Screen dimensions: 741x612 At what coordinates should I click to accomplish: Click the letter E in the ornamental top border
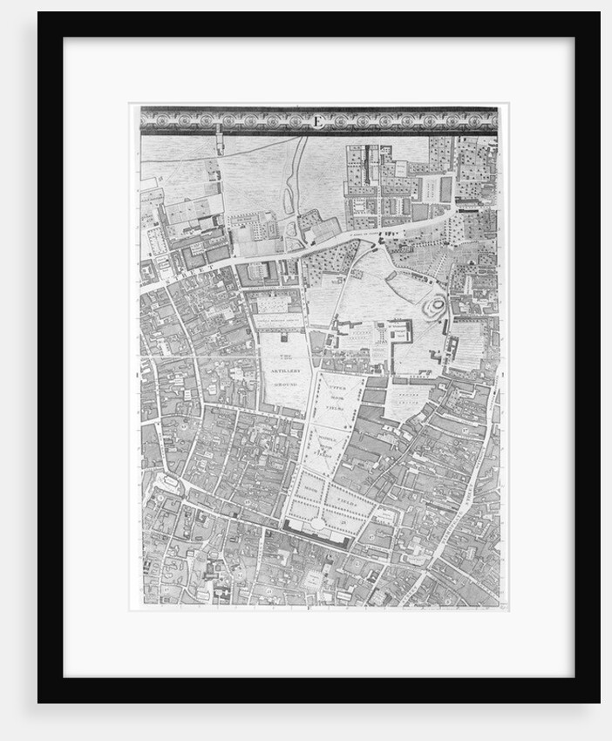318,120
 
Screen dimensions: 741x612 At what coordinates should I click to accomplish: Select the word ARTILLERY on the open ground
283,370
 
